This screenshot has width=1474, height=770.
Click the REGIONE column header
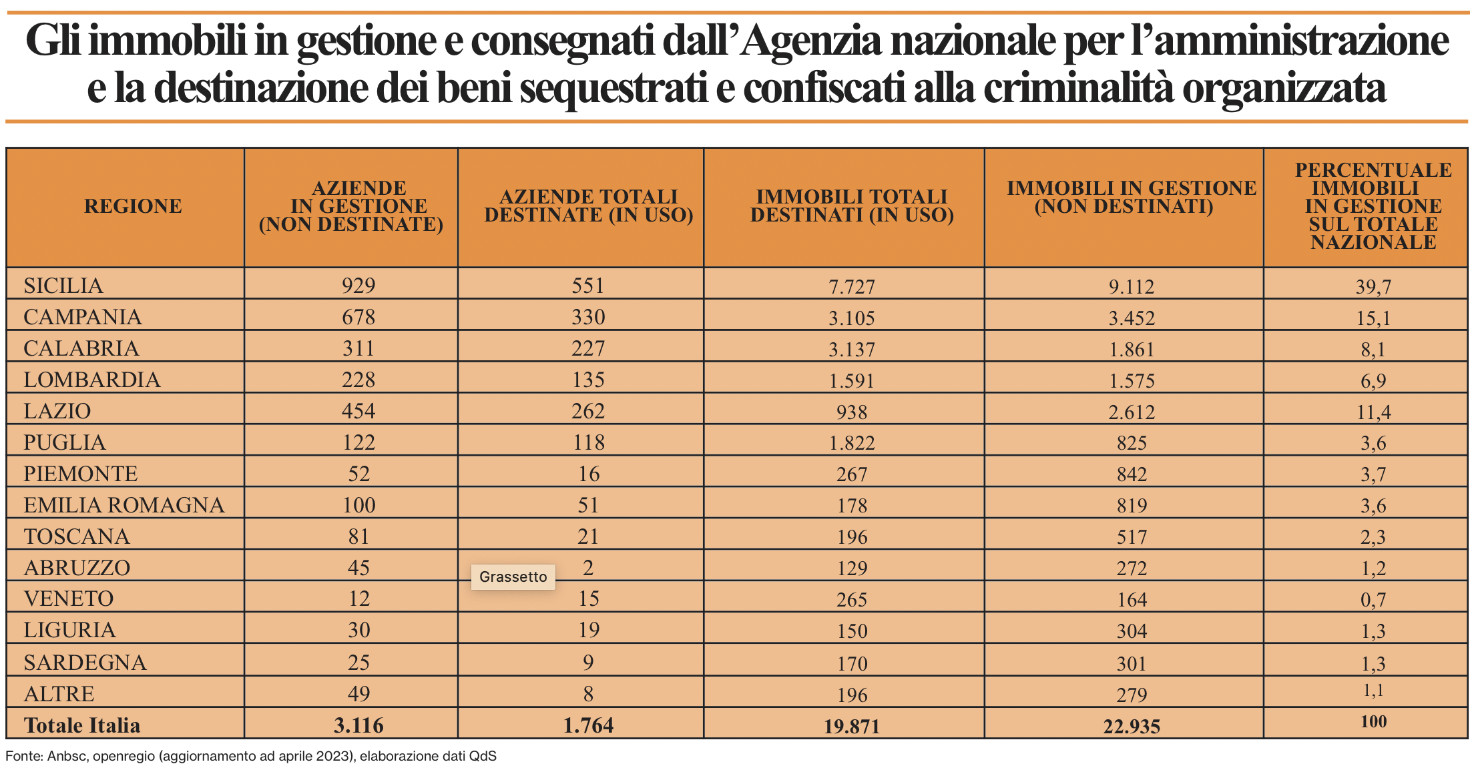[x=133, y=206]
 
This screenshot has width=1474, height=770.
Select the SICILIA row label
[x=63, y=286]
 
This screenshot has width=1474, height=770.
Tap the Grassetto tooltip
[x=513, y=576]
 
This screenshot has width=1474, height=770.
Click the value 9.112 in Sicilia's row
[x=1132, y=286]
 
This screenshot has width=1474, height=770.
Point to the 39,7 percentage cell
[x=1373, y=286]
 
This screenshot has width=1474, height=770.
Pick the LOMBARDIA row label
[x=92, y=380]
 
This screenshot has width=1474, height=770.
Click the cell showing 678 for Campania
[x=358, y=317]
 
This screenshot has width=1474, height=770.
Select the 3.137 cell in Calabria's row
[x=851, y=349]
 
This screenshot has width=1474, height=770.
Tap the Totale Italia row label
[x=82, y=725]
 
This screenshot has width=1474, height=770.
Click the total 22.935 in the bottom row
[x=1132, y=726]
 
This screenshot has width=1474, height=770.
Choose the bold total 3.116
[x=358, y=725]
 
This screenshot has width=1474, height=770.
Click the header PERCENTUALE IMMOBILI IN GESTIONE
[x=1373, y=206]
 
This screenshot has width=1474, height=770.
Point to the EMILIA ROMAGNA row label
[x=124, y=505]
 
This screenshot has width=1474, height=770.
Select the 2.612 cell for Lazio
[x=1132, y=412]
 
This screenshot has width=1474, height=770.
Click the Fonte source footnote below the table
[x=251, y=756]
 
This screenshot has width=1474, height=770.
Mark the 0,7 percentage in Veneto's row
[x=1373, y=599]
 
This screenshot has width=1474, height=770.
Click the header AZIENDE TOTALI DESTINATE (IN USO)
[x=588, y=206]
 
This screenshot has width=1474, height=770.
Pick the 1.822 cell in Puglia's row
[x=851, y=442]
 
